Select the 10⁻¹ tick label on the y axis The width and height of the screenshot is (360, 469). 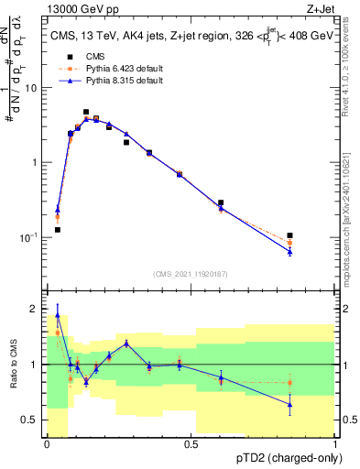(x=29, y=237)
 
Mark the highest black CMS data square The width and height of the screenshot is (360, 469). (x=86, y=112)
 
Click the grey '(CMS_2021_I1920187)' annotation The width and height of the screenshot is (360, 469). (x=191, y=273)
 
